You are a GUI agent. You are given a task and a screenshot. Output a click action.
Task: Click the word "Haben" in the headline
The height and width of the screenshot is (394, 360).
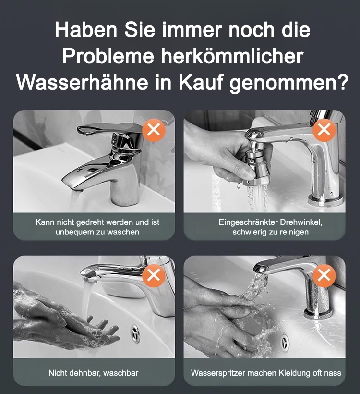click(x=86, y=30)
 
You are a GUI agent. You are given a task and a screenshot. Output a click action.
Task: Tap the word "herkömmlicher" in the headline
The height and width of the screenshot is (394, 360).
click(x=232, y=56)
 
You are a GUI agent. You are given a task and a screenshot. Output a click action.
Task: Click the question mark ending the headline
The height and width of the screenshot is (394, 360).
click(x=342, y=81)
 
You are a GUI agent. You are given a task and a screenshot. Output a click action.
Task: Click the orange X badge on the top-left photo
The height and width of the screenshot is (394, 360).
click(x=154, y=130)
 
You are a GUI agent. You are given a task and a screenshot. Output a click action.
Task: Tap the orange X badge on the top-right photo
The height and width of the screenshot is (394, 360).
click(x=324, y=130)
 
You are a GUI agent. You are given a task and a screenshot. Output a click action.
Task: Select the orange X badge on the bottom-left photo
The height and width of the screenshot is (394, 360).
click(x=154, y=276)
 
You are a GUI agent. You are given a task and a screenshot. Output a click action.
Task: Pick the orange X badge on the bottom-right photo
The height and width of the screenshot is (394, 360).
click(x=324, y=276)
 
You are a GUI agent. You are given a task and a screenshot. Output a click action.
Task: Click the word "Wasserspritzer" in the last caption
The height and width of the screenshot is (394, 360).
click(x=218, y=373)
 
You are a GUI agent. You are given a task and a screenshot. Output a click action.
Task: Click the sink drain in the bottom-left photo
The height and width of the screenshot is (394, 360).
click(x=135, y=333)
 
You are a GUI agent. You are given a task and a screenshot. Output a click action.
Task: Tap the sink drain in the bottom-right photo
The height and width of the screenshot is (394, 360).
click(x=285, y=342)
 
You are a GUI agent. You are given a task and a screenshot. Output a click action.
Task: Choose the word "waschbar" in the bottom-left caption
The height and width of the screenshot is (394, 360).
click(x=121, y=373)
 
